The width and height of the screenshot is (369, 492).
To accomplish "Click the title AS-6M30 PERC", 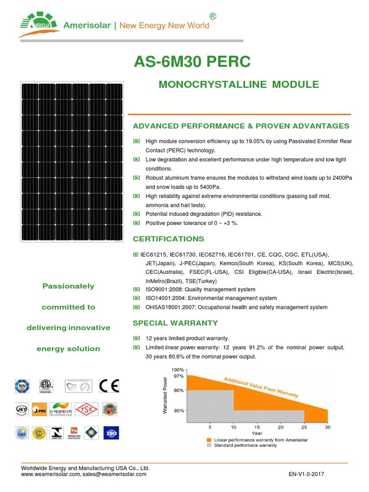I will [192, 62].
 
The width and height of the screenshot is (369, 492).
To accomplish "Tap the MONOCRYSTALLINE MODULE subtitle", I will [239, 85].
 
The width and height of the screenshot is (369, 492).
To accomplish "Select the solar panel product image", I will [72, 161].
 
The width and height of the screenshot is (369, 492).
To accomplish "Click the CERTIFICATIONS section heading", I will [168, 239].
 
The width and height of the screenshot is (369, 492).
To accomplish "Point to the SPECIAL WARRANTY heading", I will [175, 323].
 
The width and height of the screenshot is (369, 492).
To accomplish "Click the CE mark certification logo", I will [109, 386].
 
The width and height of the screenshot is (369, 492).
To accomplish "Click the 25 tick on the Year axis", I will [304, 427].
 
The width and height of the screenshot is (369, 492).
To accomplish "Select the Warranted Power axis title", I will [165, 396].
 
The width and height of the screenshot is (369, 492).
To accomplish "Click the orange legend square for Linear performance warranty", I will [209, 440].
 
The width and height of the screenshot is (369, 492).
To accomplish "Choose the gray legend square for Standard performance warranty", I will [209, 445].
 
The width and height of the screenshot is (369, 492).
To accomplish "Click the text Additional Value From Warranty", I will [261, 387].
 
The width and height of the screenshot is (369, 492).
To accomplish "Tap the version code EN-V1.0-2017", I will [307, 474].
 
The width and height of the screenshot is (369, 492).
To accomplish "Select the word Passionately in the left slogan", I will [68, 286].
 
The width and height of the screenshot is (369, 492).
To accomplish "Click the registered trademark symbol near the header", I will [213, 17].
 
